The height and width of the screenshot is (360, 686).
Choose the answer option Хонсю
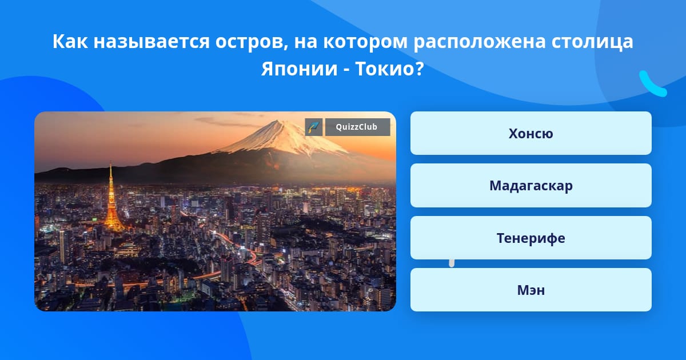[531, 133]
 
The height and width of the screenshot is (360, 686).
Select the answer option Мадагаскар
[531, 186]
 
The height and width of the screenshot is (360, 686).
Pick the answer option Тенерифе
[531, 238]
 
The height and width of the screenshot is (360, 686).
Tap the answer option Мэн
[531, 290]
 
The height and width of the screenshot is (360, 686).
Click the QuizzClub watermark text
[357, 127]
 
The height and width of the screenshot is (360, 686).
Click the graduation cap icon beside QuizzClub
[314, 127]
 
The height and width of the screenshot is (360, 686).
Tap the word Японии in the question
[299, 69]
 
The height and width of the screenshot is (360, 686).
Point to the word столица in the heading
[592, 42]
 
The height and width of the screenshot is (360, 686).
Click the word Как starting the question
[70, 41]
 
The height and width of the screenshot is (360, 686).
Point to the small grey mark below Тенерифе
[452, 263]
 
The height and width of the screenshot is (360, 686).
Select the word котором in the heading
[365, 42]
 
